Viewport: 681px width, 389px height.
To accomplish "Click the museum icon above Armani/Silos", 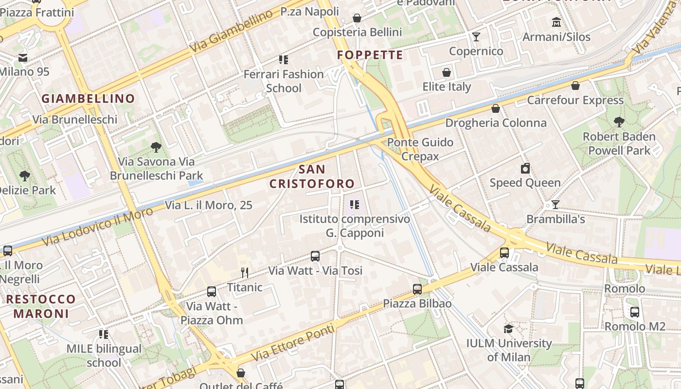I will [556, 22].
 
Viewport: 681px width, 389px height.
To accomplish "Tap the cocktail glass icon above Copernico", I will [476, 36].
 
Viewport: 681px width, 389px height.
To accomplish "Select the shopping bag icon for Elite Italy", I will [447, 72].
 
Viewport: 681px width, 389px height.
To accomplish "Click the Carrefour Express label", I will [575, 100].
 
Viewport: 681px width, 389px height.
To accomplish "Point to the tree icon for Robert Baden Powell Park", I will [619, 122].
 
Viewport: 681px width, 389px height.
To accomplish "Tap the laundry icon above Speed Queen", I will [525, 168].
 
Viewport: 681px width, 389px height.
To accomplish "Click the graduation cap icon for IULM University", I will [509, 329].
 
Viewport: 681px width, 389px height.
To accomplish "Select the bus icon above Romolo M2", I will [634, 312].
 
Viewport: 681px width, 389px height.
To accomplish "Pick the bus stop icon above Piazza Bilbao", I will [417, 289].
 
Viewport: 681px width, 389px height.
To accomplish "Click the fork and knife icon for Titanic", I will [245, 272].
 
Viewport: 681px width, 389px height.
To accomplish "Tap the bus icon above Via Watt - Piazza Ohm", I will [212, 291].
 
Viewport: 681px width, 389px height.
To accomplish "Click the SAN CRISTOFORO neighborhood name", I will [312, 177].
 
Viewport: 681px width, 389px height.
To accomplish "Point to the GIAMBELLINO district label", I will [88, 99].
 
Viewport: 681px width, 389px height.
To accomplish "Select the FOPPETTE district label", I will [370, 55].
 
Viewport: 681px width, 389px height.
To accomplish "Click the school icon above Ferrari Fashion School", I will [284, 60].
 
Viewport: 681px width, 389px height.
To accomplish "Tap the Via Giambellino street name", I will [231, 32].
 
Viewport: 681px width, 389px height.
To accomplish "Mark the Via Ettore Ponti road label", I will [293, 343].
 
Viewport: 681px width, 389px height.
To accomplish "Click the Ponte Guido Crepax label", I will [420, 149].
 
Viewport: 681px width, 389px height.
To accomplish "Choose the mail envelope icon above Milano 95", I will [22, 58].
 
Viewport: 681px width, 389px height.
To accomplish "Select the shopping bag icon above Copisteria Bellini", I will [357, 18].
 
